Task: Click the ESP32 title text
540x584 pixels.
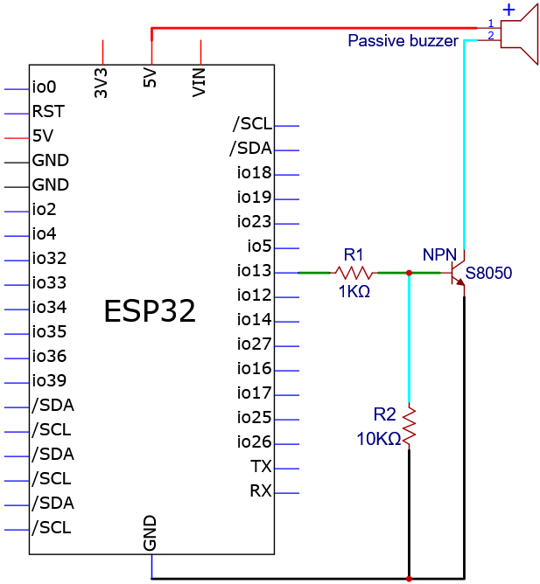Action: tap(150, 311)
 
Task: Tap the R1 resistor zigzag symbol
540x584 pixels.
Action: tap(354, 273)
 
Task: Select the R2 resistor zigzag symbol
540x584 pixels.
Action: tap(409, 427)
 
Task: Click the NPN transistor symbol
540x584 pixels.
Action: tap(458, 273)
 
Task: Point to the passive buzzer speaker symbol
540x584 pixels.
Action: tap(519, 35)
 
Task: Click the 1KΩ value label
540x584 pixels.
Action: tap(354, 291)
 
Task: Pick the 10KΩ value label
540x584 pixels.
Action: tap(378, 439)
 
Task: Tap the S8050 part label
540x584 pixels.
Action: tap(488, 273)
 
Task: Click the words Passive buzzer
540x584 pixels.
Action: tap(403, 40)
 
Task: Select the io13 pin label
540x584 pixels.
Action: tap(254, 270)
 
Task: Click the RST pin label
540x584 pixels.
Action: tap(48, 111)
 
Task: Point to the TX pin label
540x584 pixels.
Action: tap(261, 466)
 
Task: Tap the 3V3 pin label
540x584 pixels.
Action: tap(101, 83)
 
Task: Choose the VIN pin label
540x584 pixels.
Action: tap(199, 82)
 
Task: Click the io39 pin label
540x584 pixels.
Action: tap(49, 380)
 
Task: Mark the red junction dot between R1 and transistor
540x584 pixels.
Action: tap(409, 273)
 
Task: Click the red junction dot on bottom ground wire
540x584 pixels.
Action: tap(409, 579)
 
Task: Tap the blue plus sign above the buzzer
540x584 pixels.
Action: tap(509, 10)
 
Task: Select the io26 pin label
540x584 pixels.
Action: tap(254, 441)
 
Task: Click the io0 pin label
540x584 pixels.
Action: tap(44, 87)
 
